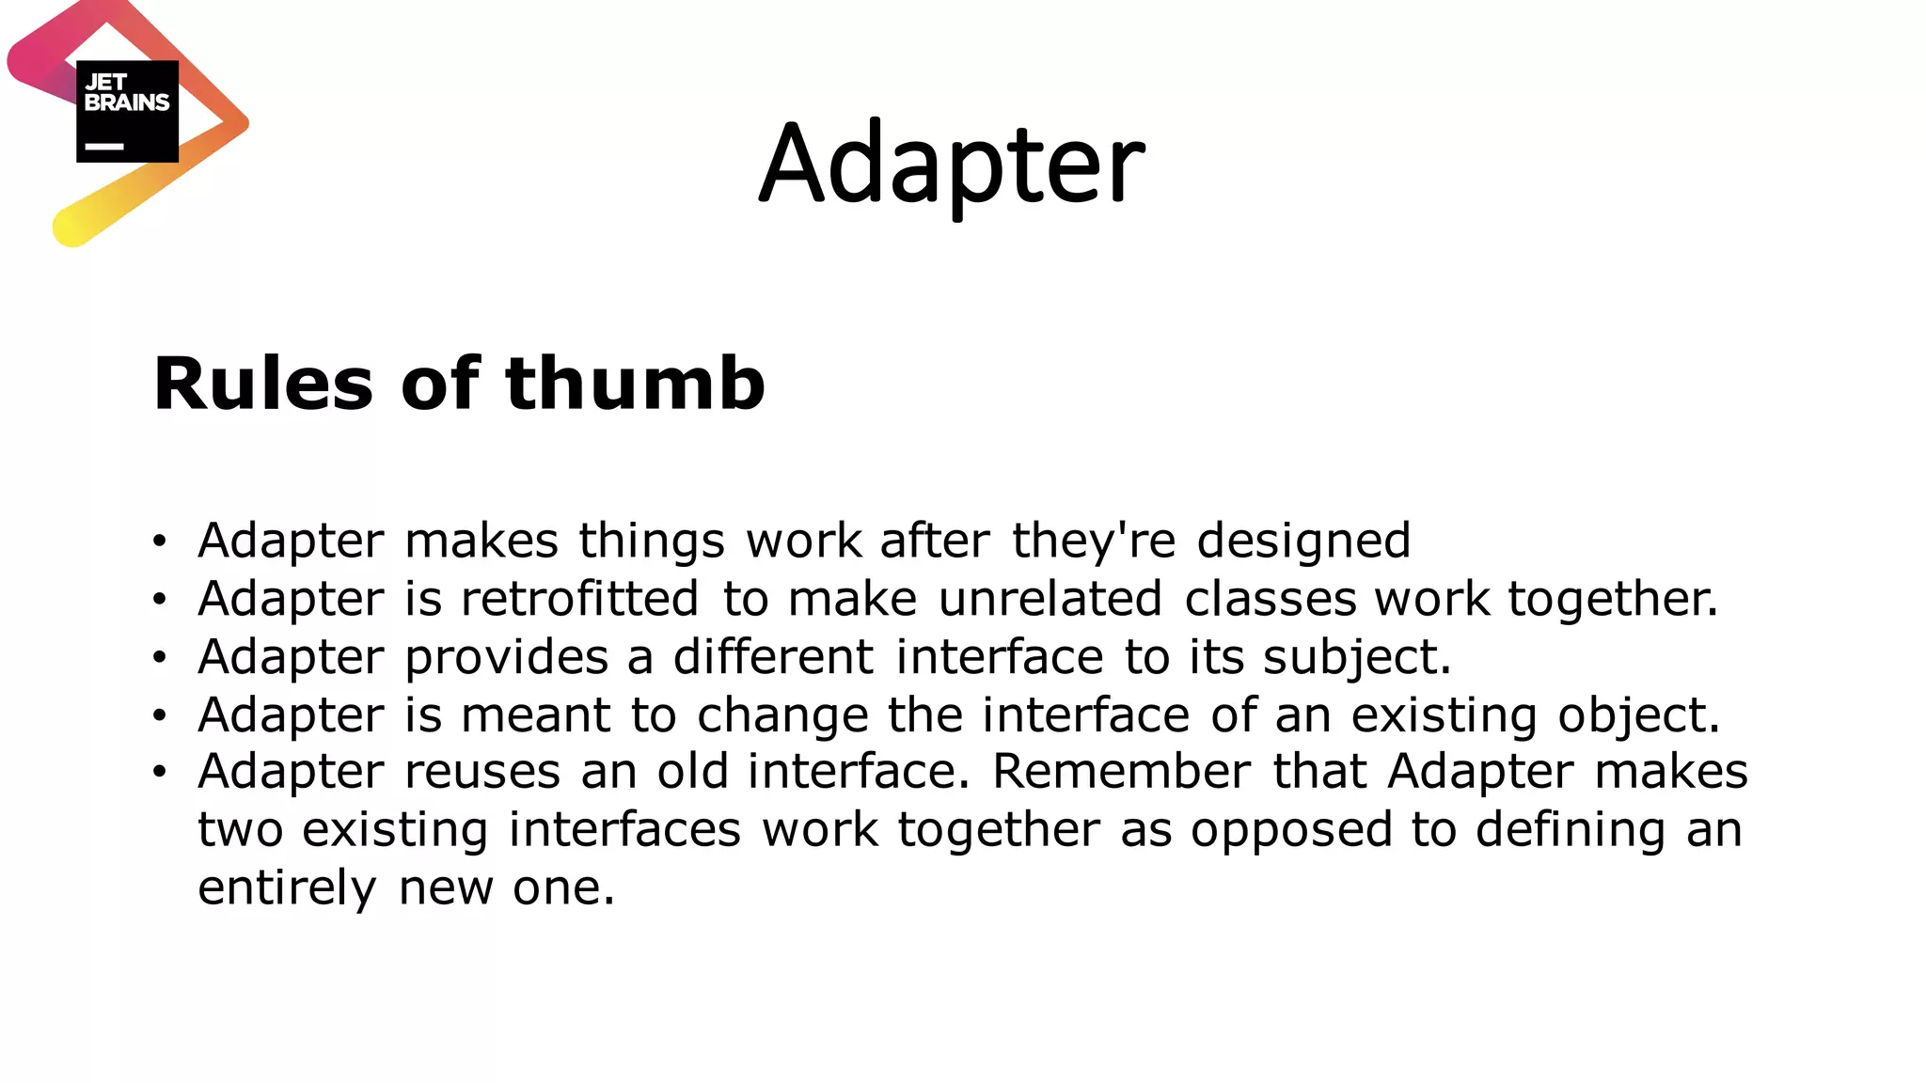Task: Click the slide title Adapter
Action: pyautogui.click(x=952, y=165)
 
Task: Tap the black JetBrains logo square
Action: pyautogui.click(x=127, y=111)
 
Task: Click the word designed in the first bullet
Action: pyautogui.click(x=1303, y=541)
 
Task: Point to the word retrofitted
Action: pyautogui.click(x=579, y=599)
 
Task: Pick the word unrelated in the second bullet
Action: pyautogui.click(x=1050, y=599)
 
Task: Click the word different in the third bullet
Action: pyautogui.click(x=773, y=656)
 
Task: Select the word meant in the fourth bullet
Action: pyautogui.click(x=536, y=714)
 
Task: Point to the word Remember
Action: pyautogui.click(x=1121, y=772)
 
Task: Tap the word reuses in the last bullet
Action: pyautogui.click(x=482, y=773)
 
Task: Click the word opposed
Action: pyautogui.click(x=1290, y=831)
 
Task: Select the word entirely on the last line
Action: pyautogui.click(x=287, y=888)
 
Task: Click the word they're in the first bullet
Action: pyautogui.click(x=1094, y=541)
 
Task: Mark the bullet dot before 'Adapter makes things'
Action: pyautogui.click(x=160, y=541)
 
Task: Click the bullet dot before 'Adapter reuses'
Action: pyautogui.click(x=160, y=773)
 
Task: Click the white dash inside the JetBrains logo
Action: pyautogui.click(x=104, y=147)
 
